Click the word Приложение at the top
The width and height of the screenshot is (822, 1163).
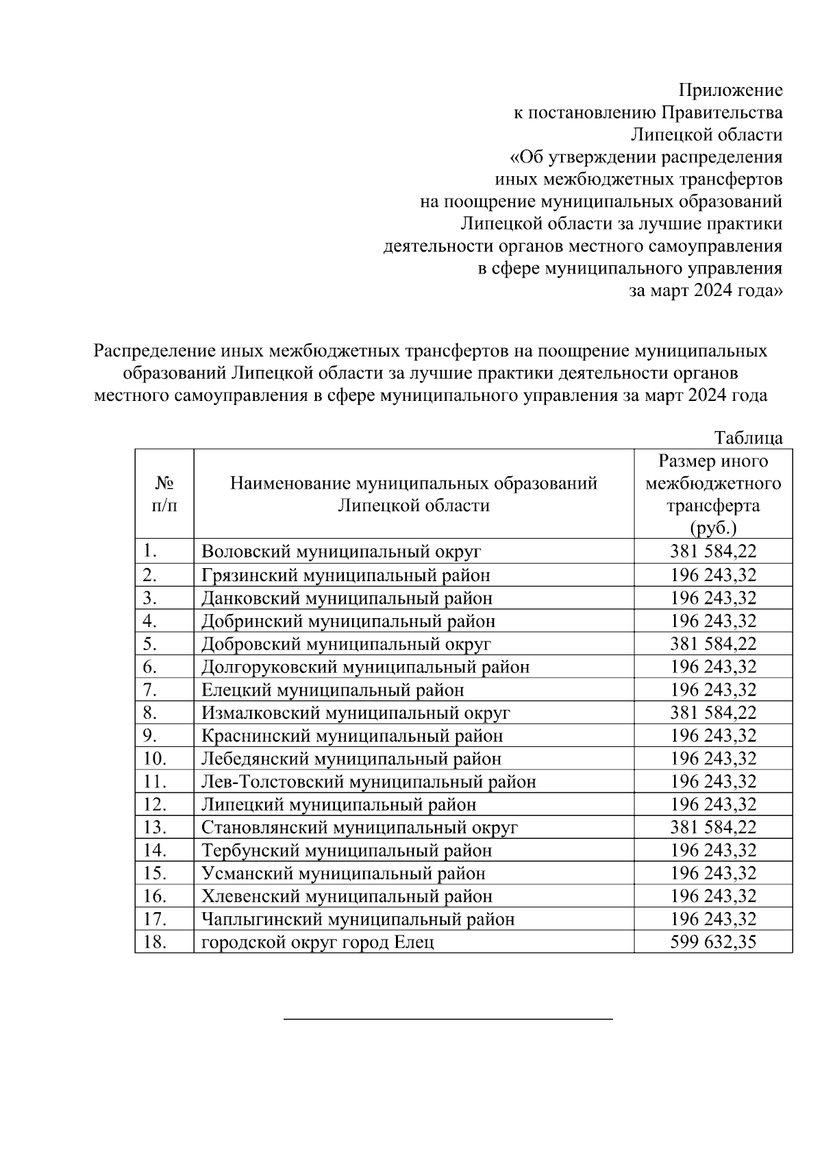click(730, 90)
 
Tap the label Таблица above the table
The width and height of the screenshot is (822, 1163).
click(748, 438)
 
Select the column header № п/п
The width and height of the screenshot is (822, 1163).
click(163, 494)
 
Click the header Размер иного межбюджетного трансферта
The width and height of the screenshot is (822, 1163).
click(713, 494)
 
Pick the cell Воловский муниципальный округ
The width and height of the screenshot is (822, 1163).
click(341, 552)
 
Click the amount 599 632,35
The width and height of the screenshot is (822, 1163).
click(713, 942)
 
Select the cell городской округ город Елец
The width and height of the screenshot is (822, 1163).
click(317, 942)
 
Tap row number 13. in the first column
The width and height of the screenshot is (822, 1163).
click(155, 827)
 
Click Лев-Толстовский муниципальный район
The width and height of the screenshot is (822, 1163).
click(369, 781)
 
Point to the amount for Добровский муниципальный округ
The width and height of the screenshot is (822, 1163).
click(713, 644)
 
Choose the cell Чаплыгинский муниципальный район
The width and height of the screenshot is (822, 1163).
click(358, 919)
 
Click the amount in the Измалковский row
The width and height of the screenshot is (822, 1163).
click(713, 713)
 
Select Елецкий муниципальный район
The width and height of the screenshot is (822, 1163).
click(332, 689)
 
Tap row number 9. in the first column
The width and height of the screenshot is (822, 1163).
click(151, 735)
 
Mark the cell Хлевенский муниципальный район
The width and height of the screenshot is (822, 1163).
click(347, 896)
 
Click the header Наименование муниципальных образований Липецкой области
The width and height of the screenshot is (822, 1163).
click(413, 494)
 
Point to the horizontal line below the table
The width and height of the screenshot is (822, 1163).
click(448, 1019)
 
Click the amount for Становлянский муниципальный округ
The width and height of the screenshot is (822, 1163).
click(713, 827)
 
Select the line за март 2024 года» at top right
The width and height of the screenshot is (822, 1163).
click(706, 291)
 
